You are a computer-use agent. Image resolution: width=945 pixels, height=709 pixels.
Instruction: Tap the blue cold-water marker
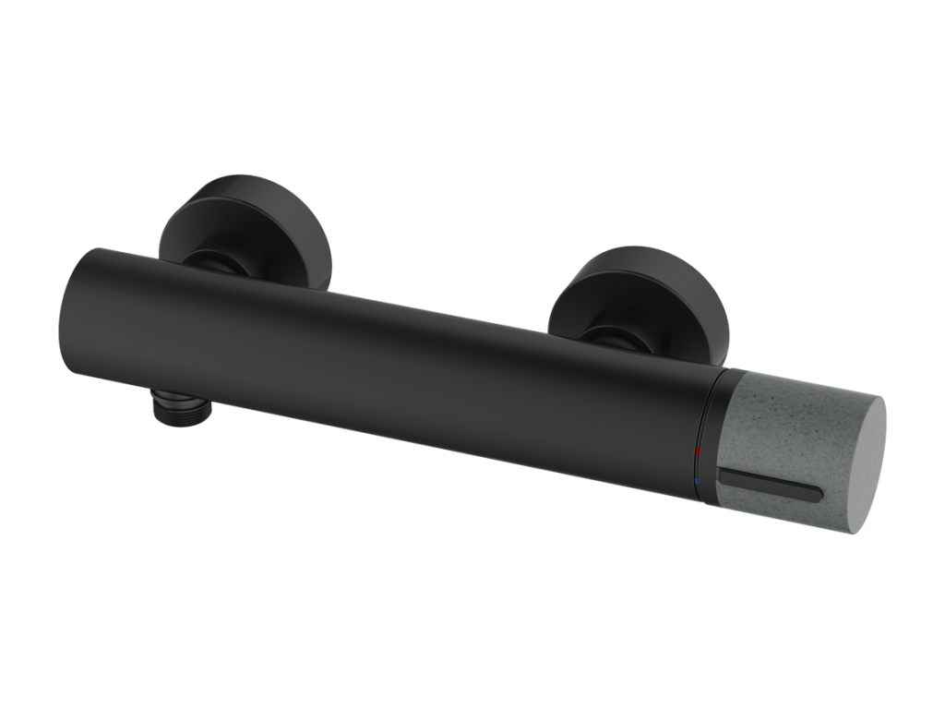[x=700, y=481]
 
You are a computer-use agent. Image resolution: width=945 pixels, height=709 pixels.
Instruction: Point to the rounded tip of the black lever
[x=816, y=495]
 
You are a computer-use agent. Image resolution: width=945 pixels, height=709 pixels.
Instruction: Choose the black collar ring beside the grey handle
[x=709, y=434]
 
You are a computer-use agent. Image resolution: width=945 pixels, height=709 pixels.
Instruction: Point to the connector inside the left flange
[x=217, y=260]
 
